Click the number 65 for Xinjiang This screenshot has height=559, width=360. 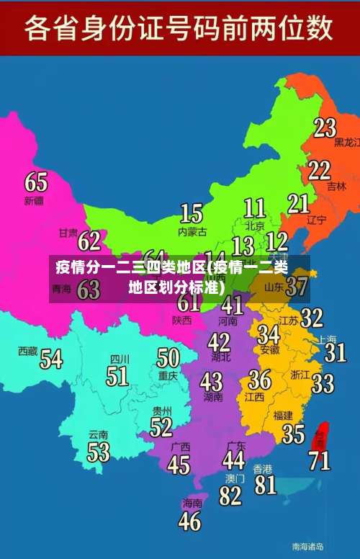pos(36,181)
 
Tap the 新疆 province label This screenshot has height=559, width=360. pos(34,200)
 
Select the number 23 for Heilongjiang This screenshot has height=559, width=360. pos(325,128)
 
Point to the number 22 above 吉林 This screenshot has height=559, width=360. pos(319,170)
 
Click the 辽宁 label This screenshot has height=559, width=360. pos(317,220)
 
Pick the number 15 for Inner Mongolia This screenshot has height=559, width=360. pos(191,213)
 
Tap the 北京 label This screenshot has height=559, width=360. pos(254,225)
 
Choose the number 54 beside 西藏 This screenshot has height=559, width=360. pos(51,358)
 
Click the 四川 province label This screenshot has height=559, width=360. pos(120,358)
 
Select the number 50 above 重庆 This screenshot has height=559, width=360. pos(168,357)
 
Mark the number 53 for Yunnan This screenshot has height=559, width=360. pos(99,452)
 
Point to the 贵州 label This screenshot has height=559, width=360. pos(162,411)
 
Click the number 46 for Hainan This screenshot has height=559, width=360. pos(190,520)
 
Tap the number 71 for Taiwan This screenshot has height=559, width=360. pos(320,459)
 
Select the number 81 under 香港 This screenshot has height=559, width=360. pos(265,484)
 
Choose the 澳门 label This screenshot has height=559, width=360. pos(235,478)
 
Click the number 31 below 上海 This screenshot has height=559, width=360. pos(335,352)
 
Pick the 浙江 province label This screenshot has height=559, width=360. pos(300,375)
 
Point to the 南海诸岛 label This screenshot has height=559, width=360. pos(307,545)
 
